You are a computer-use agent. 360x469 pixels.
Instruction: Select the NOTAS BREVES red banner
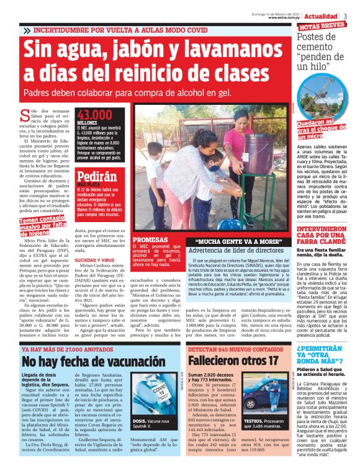(x=322, y=27)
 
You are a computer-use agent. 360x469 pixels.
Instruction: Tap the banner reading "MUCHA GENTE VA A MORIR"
(x=236, y=242)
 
